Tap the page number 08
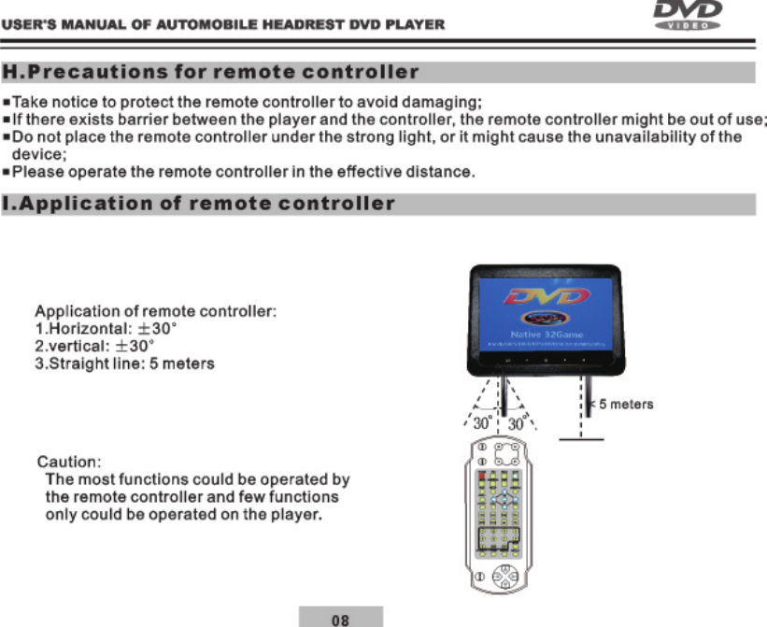[341, 618]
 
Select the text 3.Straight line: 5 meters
[124, 363]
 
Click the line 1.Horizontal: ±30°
[102, 329]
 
